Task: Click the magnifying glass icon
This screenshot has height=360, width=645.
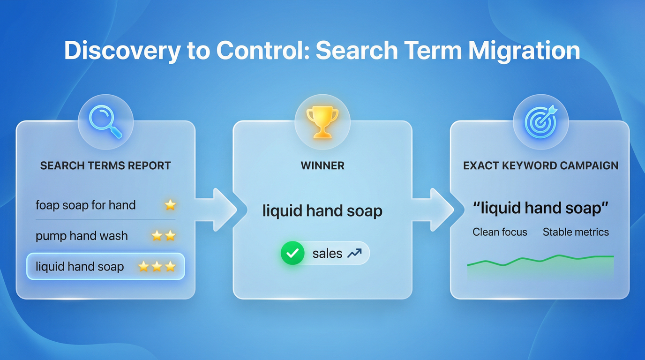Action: (105, 122)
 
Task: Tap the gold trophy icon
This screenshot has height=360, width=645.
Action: (322, 122)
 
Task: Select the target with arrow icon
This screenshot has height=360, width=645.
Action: (540, 122)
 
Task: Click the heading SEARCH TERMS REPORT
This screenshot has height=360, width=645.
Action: (105, 165)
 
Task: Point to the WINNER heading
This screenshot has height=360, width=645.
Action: (322, 165)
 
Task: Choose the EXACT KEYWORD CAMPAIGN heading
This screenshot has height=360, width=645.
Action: (540, 165)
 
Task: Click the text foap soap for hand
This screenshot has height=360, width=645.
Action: (85, 205)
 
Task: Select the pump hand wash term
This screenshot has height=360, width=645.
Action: (82, 236)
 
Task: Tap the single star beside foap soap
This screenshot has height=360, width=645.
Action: (170, 205)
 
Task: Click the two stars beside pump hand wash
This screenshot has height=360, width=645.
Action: (164, 236)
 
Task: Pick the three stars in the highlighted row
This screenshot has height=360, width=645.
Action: (157, 267)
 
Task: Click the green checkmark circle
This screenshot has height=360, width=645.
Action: (292, 254)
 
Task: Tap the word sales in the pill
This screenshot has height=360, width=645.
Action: (327, 254)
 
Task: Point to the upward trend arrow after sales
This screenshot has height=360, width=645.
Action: (354, 254)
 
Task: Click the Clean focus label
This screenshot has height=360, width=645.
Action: (500, 232)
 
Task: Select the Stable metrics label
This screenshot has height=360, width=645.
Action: (576, 232)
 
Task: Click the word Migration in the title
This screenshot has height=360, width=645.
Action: (524, 51)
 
